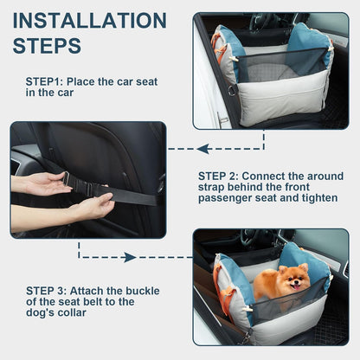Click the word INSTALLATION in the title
[x=90, y=20]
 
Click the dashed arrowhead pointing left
[x=201, y=149]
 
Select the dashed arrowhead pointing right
[x=130, y=257]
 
